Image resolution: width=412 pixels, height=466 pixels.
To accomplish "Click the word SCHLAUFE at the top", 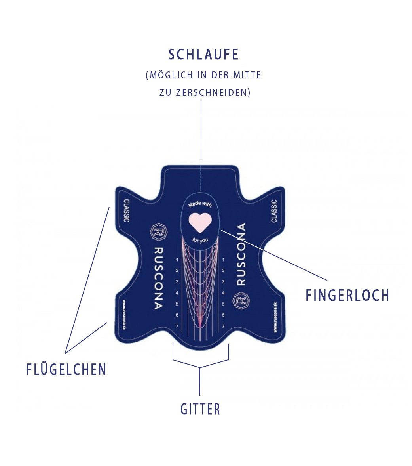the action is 204,55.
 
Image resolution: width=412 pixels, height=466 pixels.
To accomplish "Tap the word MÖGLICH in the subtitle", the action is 172,75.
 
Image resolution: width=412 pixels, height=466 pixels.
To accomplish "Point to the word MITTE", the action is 247,75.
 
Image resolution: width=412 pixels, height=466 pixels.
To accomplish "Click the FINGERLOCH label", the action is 347,296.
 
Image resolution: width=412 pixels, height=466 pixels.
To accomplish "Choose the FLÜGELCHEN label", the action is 66,369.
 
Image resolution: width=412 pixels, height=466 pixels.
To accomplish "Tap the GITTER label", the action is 200,409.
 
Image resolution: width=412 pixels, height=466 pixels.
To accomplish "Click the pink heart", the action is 200,222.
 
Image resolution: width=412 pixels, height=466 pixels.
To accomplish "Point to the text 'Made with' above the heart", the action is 200,204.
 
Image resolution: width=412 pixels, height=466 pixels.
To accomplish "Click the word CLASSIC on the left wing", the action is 126,210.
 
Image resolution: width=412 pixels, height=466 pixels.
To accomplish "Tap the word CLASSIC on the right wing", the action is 274,210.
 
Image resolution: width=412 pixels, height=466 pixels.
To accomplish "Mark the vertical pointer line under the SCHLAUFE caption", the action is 201,129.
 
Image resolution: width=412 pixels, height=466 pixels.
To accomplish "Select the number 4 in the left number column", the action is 177,293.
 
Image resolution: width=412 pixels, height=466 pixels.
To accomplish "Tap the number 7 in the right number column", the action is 223,326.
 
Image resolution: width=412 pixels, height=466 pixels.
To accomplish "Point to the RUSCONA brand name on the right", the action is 241,254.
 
